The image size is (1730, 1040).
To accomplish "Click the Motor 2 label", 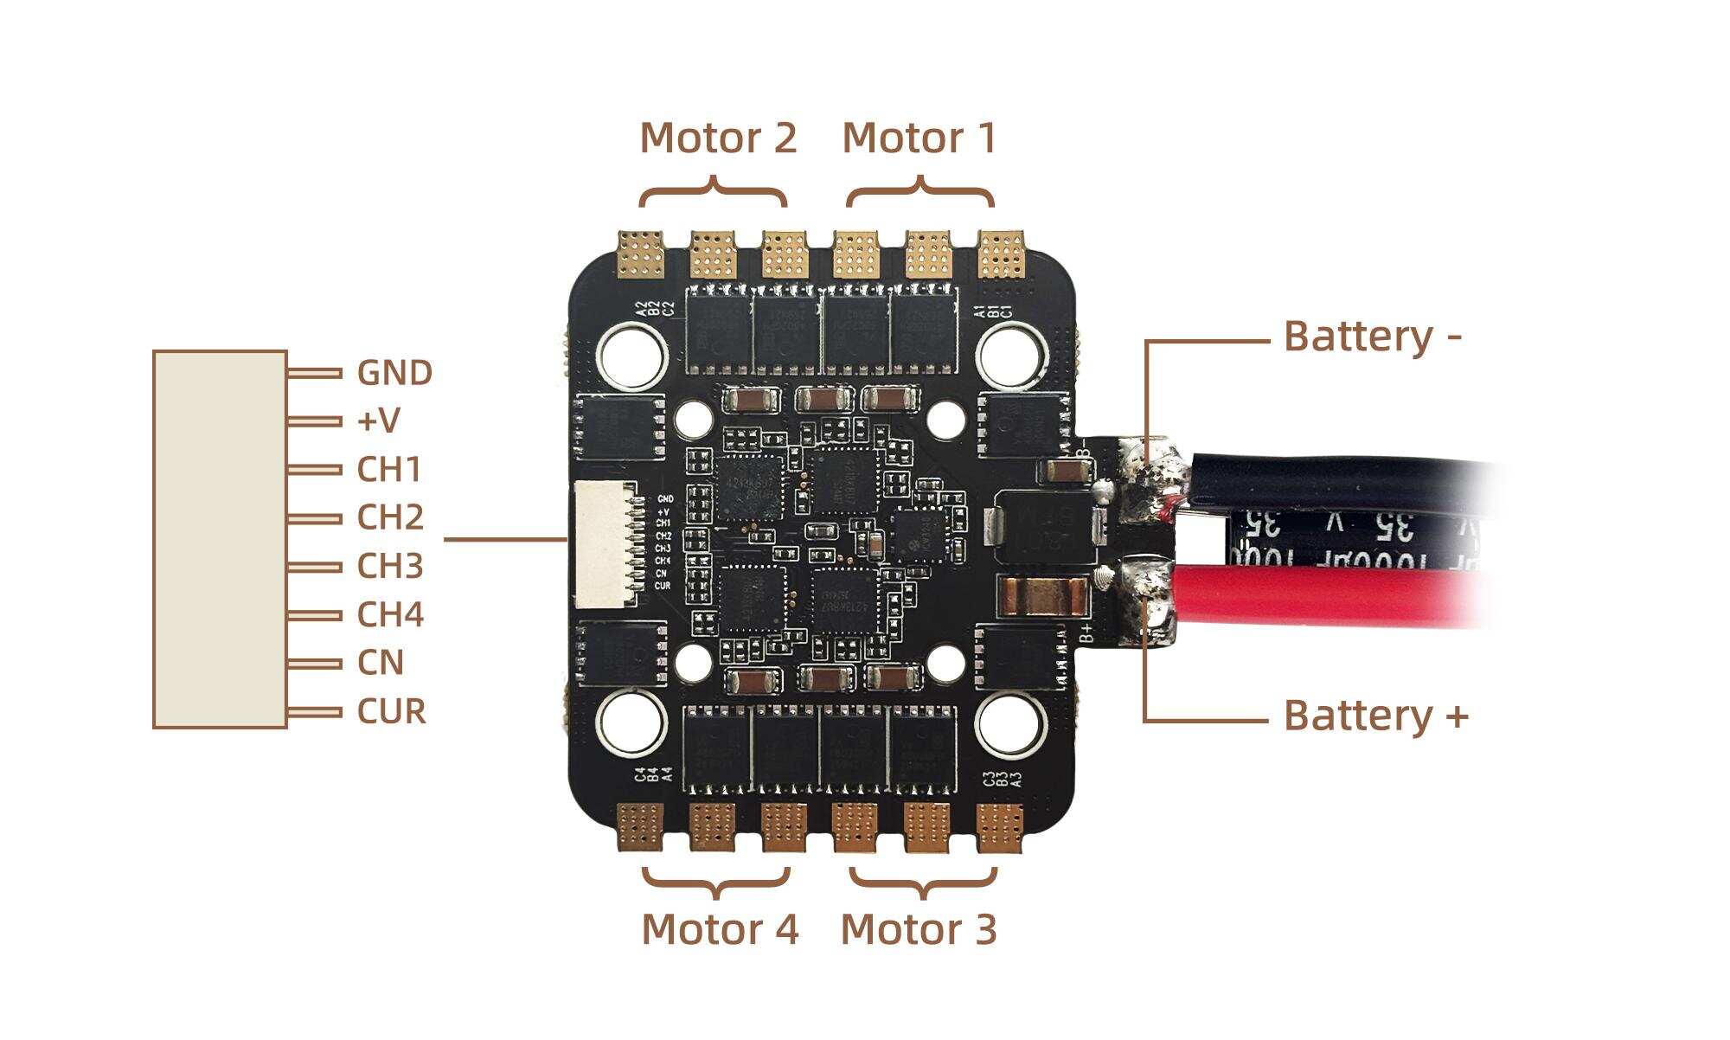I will click(x=717, y=138).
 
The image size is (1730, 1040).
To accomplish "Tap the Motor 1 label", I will click(x=919, y=138).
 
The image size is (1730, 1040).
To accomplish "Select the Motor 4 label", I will click(x=719, y=929).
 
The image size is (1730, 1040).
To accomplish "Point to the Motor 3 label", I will click(x=919, y=929).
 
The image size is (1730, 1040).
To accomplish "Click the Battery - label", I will click(x=1372, y=337).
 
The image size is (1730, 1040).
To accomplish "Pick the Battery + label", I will click(x=1375, y=716).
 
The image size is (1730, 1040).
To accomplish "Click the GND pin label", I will click(x=394, y=373).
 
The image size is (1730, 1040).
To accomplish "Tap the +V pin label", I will click(x=378, y=421).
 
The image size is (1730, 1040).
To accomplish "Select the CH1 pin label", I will click(x=389, y=470).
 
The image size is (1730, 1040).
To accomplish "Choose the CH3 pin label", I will click(x=390, y=567).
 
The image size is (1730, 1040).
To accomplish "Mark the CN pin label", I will click(x=381, y=664).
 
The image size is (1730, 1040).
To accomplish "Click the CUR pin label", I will click(x=392, y=712).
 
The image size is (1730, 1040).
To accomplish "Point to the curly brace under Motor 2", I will click(x=714, y=194).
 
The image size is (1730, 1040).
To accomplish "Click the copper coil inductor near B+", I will click(x=1041, y=595).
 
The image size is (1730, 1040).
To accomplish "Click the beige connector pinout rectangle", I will click(x=220, y=539).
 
